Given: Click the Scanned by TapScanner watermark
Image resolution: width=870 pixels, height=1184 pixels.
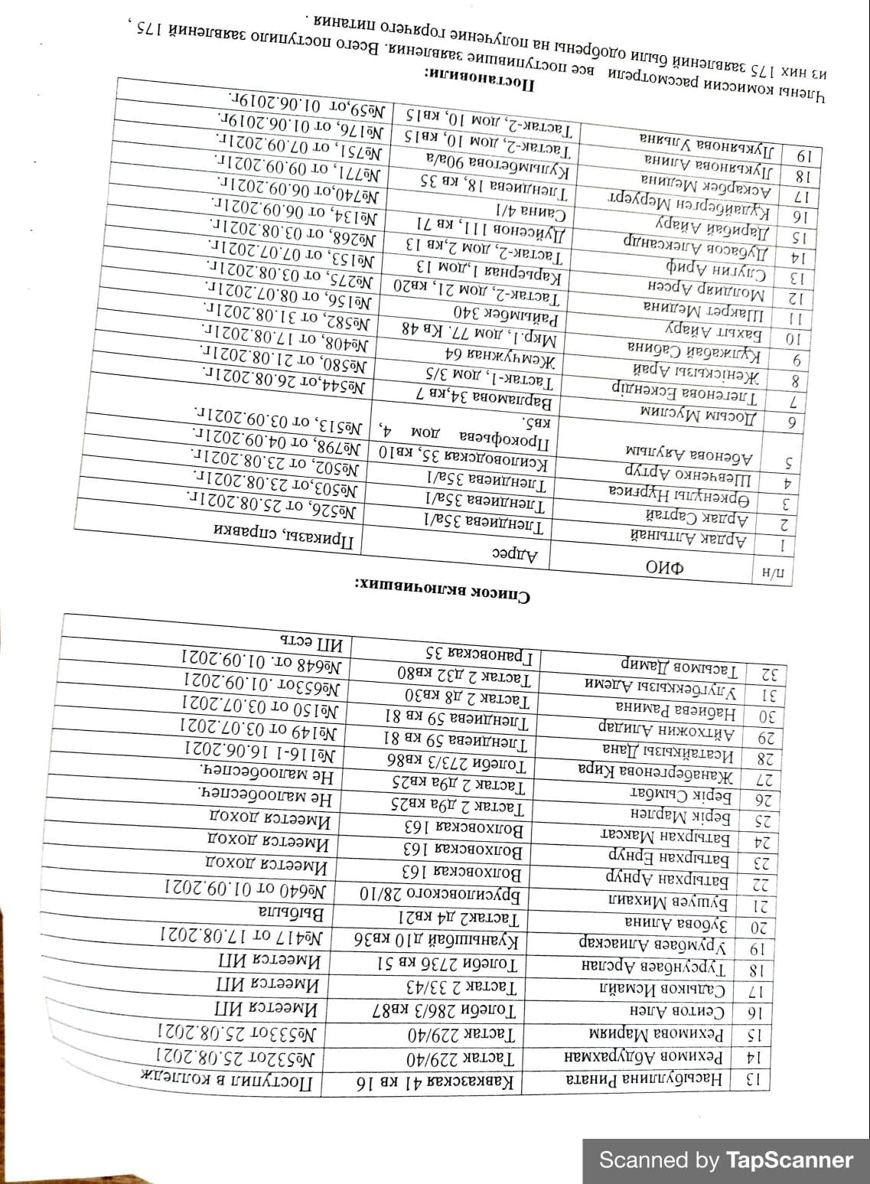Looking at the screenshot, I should pos(725,1160).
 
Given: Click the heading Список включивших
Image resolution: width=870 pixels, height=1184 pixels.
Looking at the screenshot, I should pos(442,591).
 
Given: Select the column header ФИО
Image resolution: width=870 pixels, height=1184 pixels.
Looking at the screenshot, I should pos(664,567).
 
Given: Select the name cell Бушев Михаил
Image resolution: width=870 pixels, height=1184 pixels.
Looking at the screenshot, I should pos(659,899).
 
